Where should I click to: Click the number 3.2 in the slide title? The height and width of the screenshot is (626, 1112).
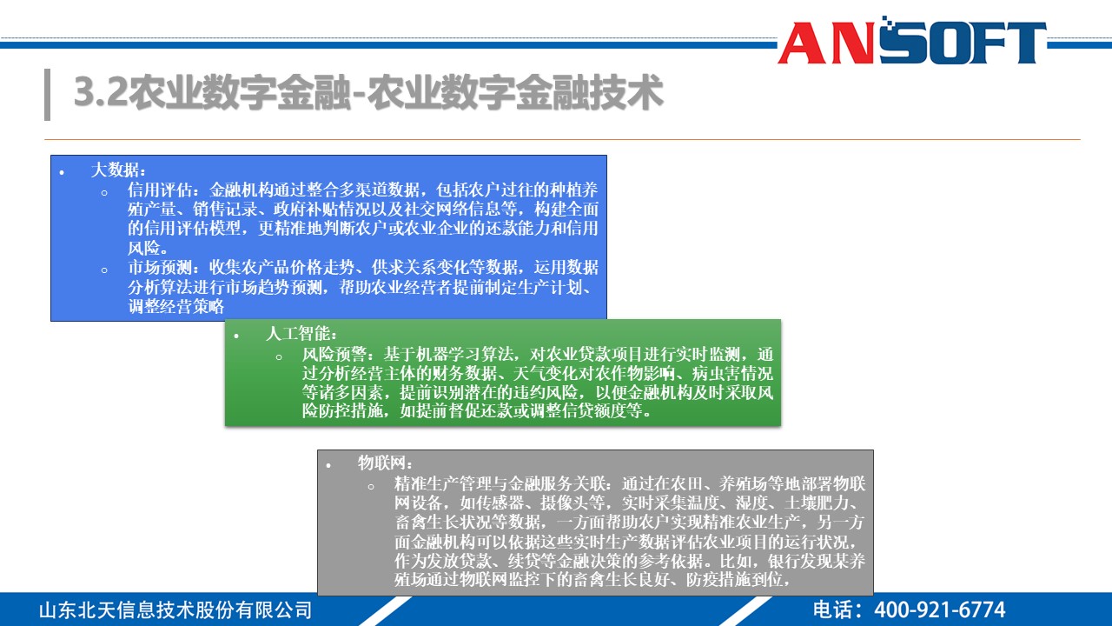tap(99, 93)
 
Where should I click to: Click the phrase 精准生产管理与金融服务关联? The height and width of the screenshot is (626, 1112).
tap(503, 483)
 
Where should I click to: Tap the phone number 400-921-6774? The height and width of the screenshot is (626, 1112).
tap(939, 609)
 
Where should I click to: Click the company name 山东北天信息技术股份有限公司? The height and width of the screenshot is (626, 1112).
tap(175, 609)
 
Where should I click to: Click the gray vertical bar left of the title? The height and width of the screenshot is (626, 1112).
tap(47, 94)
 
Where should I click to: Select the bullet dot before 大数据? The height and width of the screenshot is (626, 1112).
tap(62, 171)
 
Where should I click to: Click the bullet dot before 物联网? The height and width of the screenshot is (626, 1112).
tap(328, 465)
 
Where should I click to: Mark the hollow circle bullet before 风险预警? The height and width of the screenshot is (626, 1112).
tap(279, 356)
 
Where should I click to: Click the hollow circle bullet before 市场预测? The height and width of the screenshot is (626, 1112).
tap(104, 269)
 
